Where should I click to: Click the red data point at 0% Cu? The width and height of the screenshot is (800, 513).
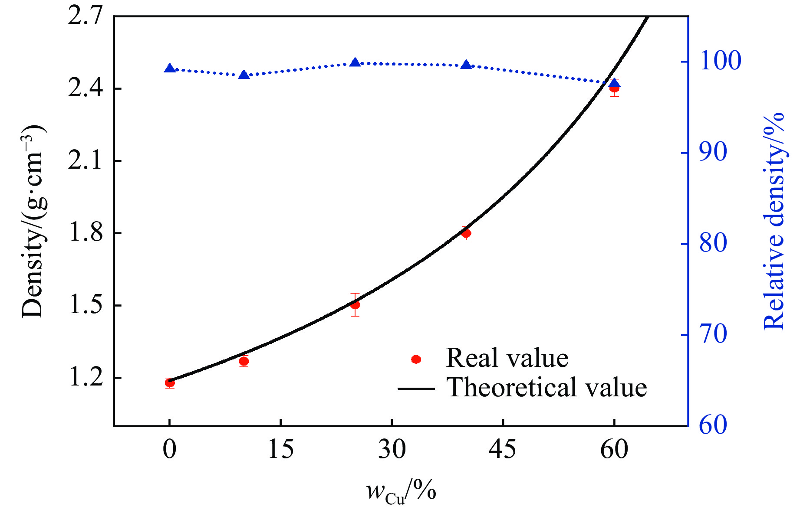(170, 382)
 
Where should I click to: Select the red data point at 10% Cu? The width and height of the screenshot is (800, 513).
(244, 361)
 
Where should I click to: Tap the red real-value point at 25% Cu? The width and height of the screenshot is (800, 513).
(355, 305)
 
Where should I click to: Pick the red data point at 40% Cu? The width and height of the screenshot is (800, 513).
(466, 233)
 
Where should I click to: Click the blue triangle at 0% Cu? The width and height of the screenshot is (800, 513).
(170, 69)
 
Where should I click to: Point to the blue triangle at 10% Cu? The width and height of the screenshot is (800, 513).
(244, 75)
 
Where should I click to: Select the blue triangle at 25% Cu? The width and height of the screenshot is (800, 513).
(355, 62)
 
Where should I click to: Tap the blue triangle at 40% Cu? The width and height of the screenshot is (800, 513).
(466, 65)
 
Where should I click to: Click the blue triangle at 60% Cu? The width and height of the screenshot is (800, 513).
(614, 83)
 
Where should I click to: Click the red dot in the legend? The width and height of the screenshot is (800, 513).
(416, 359)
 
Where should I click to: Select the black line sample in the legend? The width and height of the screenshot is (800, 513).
(416, 389)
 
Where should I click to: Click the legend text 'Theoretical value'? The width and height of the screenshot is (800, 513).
(547, 387)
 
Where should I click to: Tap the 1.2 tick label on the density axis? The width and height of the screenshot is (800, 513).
(86, 378)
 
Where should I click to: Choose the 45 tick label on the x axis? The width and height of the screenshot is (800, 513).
(503, 450)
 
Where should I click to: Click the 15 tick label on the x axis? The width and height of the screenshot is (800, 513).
(281, 450)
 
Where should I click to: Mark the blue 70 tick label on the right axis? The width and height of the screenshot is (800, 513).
(713, 335)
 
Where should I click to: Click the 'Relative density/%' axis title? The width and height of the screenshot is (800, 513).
(775, 221)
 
